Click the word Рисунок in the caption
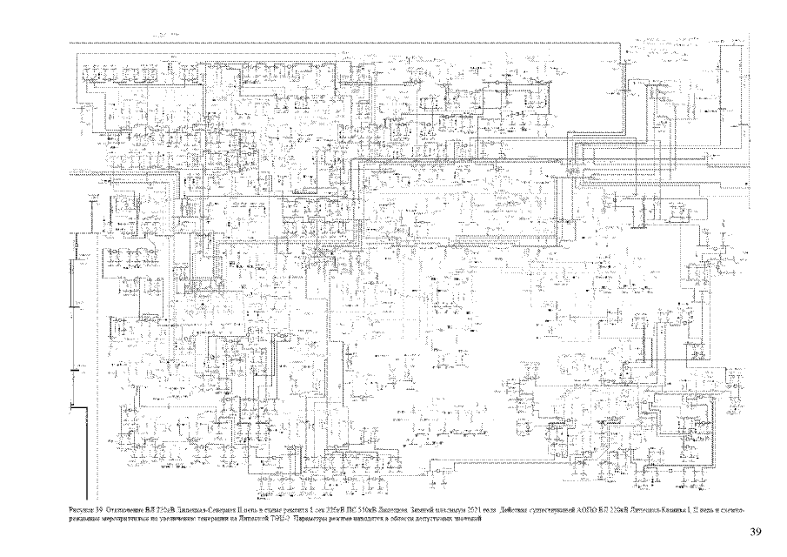tap(81, 507)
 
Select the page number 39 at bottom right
tap(754, 532)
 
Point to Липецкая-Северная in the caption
tap(209, 507)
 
